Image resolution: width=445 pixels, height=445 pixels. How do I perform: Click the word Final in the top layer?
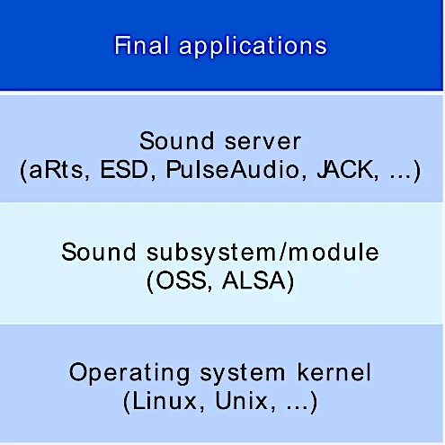[141, 45]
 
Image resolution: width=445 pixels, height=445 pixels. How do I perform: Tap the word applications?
[253, 48]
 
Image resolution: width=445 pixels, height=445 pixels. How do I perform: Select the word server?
[263, 141]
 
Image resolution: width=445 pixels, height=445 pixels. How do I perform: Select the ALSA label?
[254, 280]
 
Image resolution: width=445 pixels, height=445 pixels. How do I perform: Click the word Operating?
[129, 374]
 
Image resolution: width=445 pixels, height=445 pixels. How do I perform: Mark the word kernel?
[334, 371]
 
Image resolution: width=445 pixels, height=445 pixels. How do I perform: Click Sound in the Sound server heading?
[177, 140]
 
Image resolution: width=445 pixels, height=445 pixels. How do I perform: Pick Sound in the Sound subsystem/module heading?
[99, 252]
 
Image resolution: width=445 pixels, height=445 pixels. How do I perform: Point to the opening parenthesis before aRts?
[23, 171]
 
